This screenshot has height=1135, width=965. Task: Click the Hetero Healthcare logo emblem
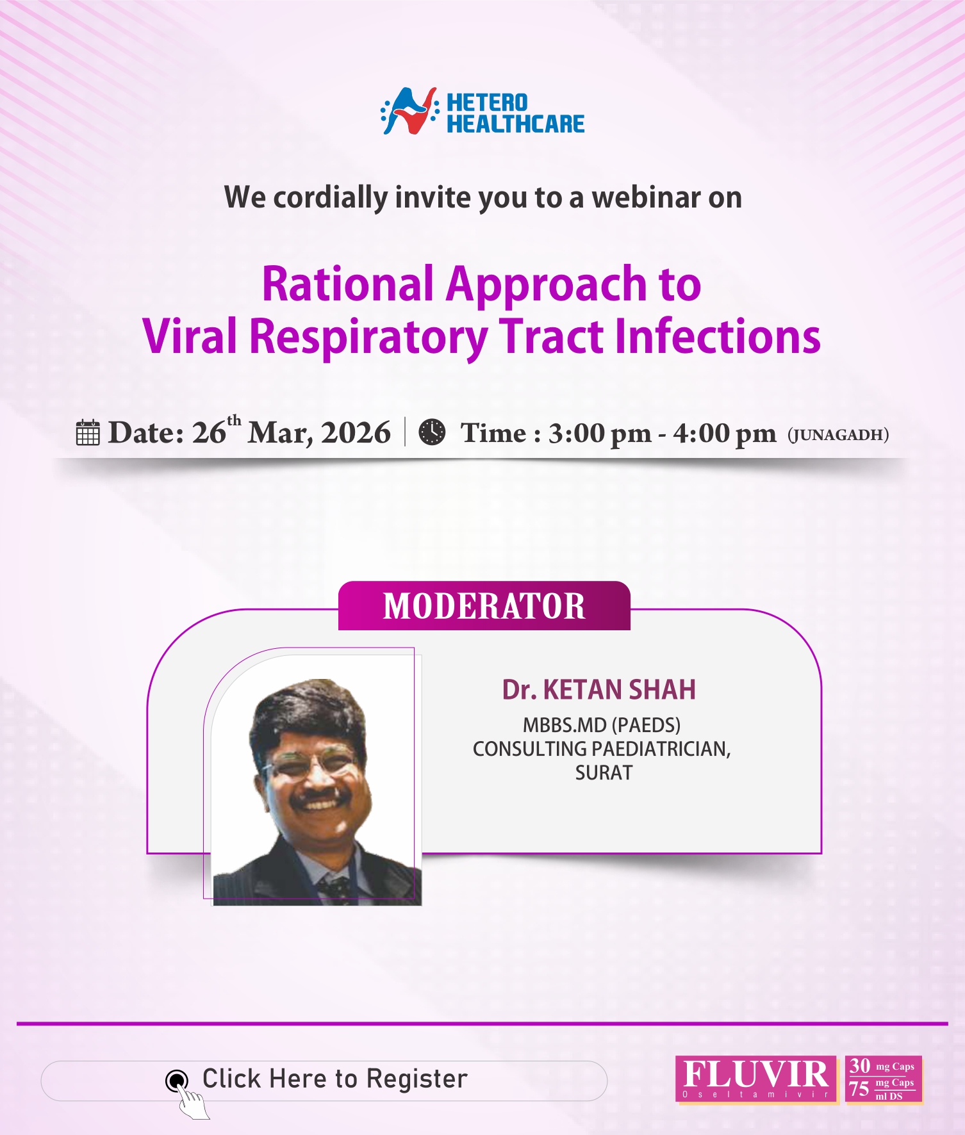[409, 111]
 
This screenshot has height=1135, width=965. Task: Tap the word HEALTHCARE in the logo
[515, 124]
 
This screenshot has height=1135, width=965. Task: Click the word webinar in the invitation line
[645, 197]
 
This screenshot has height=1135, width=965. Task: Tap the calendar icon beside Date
[88, 433]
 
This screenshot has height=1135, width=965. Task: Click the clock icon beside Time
[432, 432]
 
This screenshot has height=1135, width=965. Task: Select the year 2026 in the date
[356, 433]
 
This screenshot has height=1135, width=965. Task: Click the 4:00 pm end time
[724, 434]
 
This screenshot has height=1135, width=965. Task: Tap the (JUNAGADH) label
[838, 435]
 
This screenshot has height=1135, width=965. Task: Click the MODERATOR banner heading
[484, 606]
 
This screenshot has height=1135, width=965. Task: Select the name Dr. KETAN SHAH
[598, 690]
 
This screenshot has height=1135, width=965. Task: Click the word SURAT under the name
[604, 773]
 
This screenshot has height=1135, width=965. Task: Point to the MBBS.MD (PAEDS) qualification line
[601, 725]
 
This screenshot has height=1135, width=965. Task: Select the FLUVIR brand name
[755, 1074]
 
